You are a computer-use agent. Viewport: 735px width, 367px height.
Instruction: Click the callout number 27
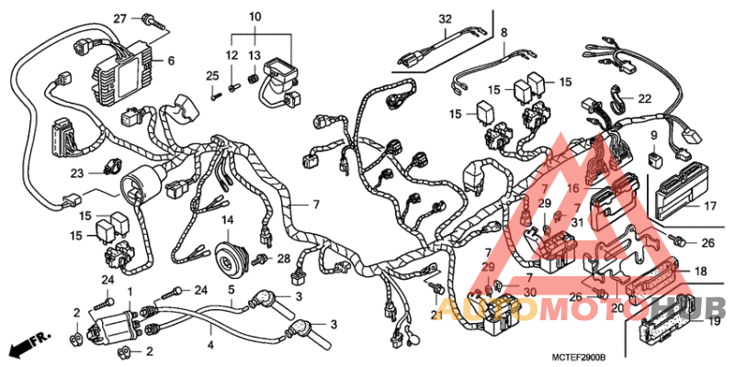[x=119, y=18]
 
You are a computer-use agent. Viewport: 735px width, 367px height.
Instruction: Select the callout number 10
[x=254, y=17]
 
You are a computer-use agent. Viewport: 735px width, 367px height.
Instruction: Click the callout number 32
[x=446, y=19]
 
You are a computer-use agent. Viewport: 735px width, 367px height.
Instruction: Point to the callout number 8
[x=503, y=33]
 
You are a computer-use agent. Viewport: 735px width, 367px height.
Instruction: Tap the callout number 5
[x=232, y=290]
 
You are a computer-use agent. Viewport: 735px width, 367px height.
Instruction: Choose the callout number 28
[x=284, y=259]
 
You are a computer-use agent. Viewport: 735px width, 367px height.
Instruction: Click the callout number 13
[x=254, y=57]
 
